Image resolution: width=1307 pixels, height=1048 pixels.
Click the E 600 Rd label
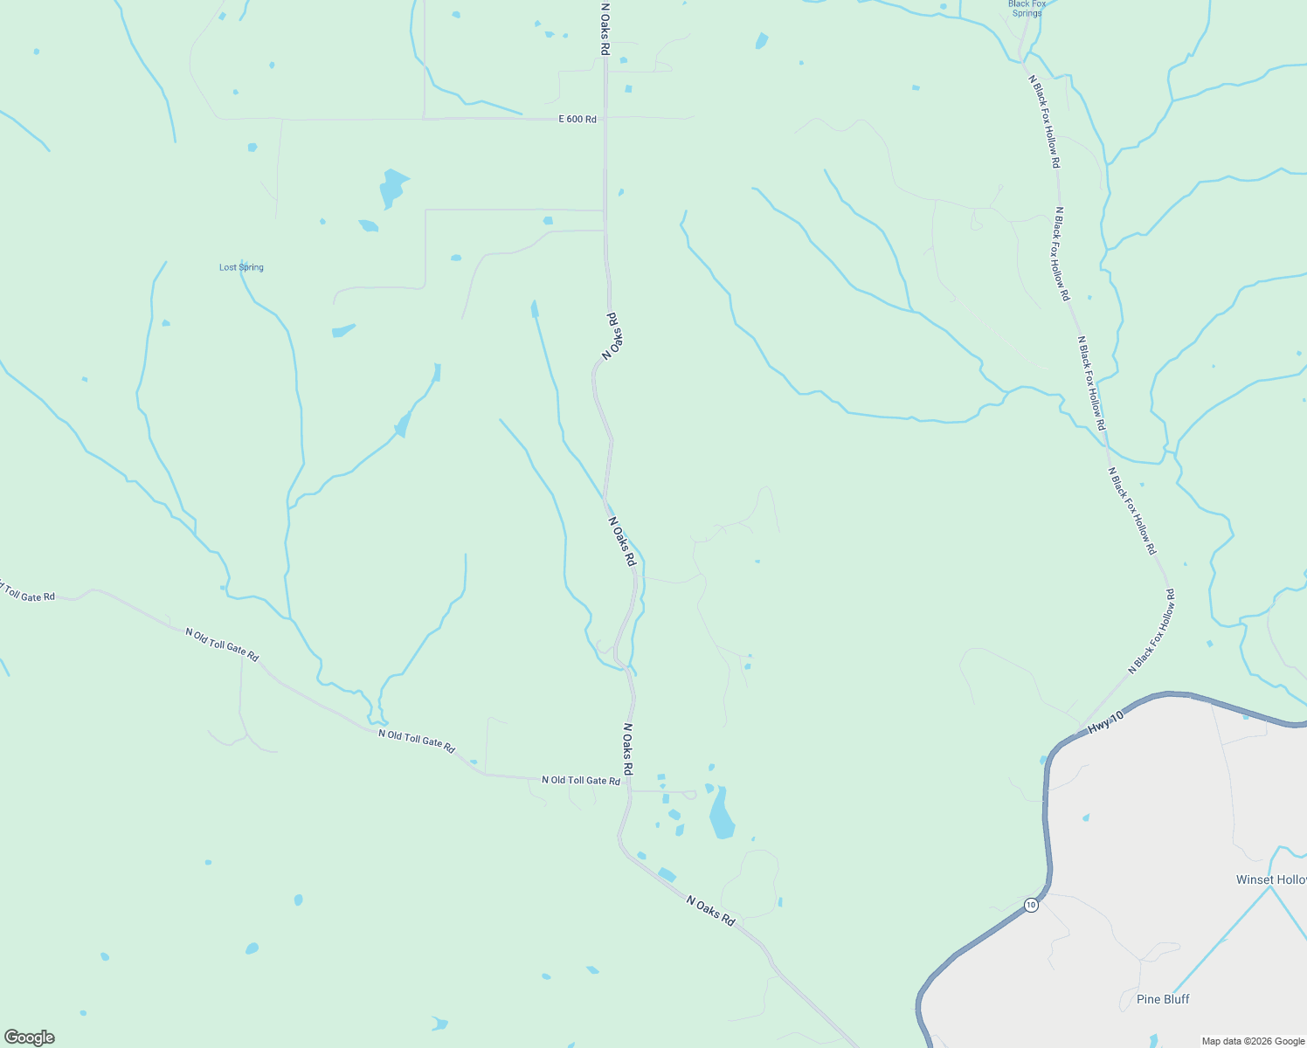point(577,119)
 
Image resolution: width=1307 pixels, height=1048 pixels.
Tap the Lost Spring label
point(241,267)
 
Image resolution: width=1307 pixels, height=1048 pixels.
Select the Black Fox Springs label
point(1027,9)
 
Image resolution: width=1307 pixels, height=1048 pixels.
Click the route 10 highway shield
point(1031,905)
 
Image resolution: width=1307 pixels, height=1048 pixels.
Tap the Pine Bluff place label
point(1163,999)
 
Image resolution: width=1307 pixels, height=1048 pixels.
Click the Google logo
point(30,1038)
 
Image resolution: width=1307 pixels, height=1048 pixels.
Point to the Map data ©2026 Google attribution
point(1253,1041)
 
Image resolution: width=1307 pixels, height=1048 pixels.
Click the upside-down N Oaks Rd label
point(614,336)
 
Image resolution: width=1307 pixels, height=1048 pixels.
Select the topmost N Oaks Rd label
point(604,28)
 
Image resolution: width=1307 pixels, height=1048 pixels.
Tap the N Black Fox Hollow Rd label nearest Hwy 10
point(1151,632)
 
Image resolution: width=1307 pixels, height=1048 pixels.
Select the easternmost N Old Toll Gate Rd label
point(581,780)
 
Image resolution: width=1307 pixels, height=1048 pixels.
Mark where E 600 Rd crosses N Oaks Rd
point(605,119)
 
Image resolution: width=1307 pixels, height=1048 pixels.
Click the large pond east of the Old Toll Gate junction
point(722,814)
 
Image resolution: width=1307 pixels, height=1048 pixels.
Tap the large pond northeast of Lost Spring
point(391,187)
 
